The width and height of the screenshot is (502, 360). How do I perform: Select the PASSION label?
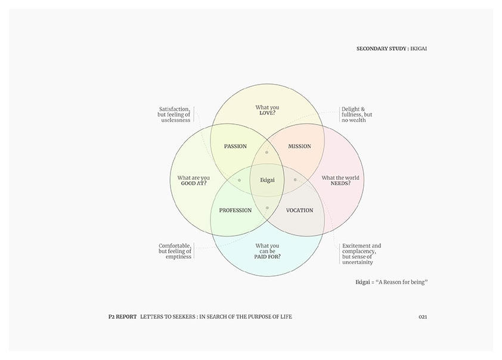[235, 146]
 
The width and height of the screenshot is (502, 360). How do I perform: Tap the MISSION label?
[299, 146]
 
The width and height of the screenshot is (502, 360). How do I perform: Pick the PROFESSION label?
[235, 210]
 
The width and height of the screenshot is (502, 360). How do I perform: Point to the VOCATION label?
[299, 210]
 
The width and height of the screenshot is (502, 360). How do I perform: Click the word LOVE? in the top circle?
[267, 113]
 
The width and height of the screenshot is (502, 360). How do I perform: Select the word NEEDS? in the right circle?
[340, 184]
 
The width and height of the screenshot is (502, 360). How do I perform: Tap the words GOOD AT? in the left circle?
[194, 184]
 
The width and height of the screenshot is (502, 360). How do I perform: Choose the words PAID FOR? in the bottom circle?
[267, 257]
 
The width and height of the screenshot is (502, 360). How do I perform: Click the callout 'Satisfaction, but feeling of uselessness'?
[174, 114]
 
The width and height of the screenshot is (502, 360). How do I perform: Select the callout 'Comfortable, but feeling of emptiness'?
[175, 251]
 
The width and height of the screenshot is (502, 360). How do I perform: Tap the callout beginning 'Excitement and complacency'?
[361, 254]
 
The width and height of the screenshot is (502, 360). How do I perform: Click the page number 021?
[423, 316]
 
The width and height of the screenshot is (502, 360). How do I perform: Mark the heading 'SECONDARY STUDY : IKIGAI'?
[391, 48]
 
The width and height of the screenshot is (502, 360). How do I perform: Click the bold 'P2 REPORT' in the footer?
[119, 316]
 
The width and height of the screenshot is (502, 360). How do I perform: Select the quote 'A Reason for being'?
[402, 281]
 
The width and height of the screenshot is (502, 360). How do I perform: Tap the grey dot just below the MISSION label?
[267, 153]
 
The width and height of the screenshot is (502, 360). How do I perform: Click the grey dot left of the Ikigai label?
[239, 179]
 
